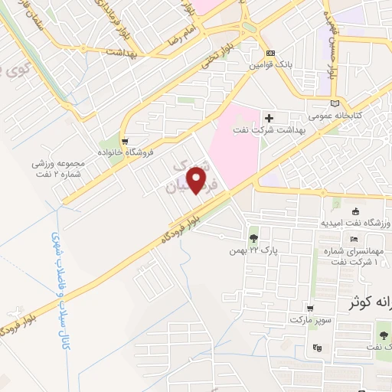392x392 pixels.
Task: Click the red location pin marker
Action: [199, 179]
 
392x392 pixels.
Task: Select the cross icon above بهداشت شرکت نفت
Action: [269, 118]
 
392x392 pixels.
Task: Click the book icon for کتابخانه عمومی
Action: [333, 103]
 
